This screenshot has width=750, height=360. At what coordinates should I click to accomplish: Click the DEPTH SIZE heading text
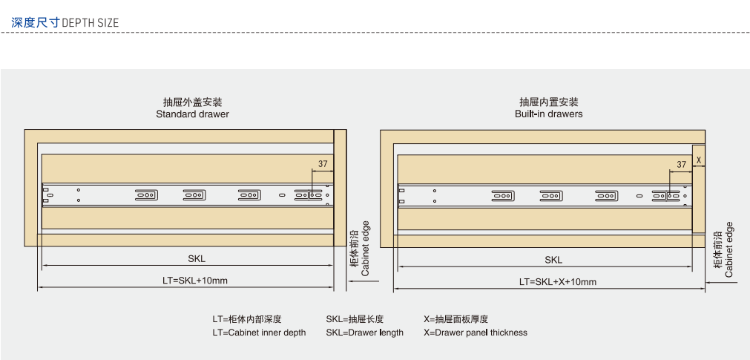90,22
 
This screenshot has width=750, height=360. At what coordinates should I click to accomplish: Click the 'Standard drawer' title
192,114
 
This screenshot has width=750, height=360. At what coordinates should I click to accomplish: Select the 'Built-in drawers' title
548,114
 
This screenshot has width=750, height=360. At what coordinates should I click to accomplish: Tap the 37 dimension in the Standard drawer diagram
323,164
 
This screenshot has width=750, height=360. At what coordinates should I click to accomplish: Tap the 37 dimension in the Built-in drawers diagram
681,164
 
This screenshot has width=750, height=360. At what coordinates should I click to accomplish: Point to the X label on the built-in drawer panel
698,159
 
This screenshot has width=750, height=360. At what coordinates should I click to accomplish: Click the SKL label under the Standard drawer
197,259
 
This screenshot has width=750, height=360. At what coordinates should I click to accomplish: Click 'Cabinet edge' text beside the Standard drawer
365,249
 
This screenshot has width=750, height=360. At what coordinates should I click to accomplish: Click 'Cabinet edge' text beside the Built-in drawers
729,249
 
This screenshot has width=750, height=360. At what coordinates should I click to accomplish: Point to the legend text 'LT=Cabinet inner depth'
259,333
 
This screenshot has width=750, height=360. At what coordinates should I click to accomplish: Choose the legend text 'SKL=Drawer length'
364,333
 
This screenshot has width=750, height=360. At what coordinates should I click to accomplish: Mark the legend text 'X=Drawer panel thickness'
476,333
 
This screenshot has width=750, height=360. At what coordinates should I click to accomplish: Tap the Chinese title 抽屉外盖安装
193,102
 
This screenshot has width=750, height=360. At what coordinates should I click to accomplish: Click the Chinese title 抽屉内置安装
549,102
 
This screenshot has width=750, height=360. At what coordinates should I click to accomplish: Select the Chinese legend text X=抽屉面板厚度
455,319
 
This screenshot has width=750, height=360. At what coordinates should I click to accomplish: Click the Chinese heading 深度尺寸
35,22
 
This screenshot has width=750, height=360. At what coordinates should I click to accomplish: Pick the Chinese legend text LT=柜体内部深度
247,319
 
